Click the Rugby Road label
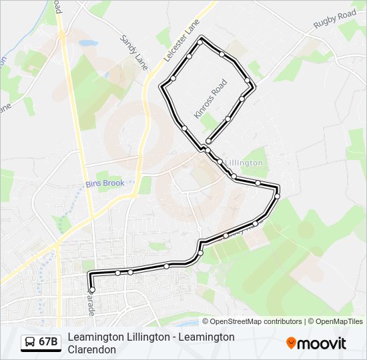(336, 20)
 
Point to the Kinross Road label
(211, 99)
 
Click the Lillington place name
(245, 163)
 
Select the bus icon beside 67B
(30, 343)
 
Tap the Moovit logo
(316, 343)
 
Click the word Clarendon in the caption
(92, 349)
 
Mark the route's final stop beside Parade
(92, 290)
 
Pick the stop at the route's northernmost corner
(200, 42)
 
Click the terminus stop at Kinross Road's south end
(209, 141)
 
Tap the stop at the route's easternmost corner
(277, 195)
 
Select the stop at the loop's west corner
(162, 86)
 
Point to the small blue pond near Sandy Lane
(87, 43)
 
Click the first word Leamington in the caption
(97, 337)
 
